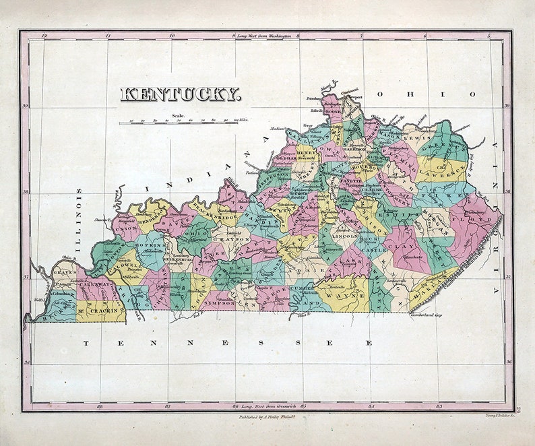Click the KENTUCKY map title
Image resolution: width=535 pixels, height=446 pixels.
point(180,94)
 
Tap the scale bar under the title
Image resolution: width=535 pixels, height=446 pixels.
point(180,123)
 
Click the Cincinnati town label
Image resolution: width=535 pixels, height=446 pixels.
point(348,90)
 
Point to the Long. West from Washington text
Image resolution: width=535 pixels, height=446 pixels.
point(264,35)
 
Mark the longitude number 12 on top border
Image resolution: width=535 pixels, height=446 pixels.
point(44,35)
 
